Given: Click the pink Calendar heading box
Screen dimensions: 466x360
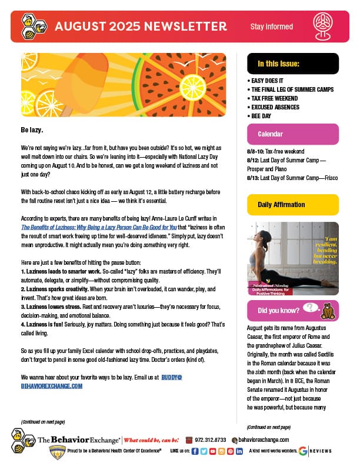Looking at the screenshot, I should (x=292, y=134).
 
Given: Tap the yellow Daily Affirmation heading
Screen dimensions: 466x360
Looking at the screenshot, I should (x=292, y=205).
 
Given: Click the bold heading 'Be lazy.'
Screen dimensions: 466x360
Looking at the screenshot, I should (x=32, y=129).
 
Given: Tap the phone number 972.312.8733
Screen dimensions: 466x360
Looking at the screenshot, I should (x=209, y=440).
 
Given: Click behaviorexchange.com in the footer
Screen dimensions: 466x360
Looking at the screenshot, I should (x=264, y=440).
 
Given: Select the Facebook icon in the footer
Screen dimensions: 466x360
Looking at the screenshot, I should (x=195, y=451).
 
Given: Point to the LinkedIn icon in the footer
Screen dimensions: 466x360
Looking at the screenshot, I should (x=239, y=451).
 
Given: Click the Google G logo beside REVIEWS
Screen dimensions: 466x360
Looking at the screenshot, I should (x=302, y=451).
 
